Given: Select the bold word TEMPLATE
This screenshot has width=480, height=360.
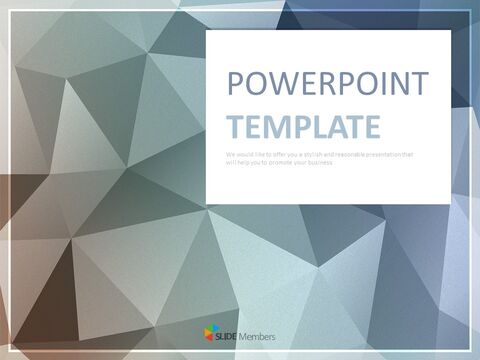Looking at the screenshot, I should tap(304, 126).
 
